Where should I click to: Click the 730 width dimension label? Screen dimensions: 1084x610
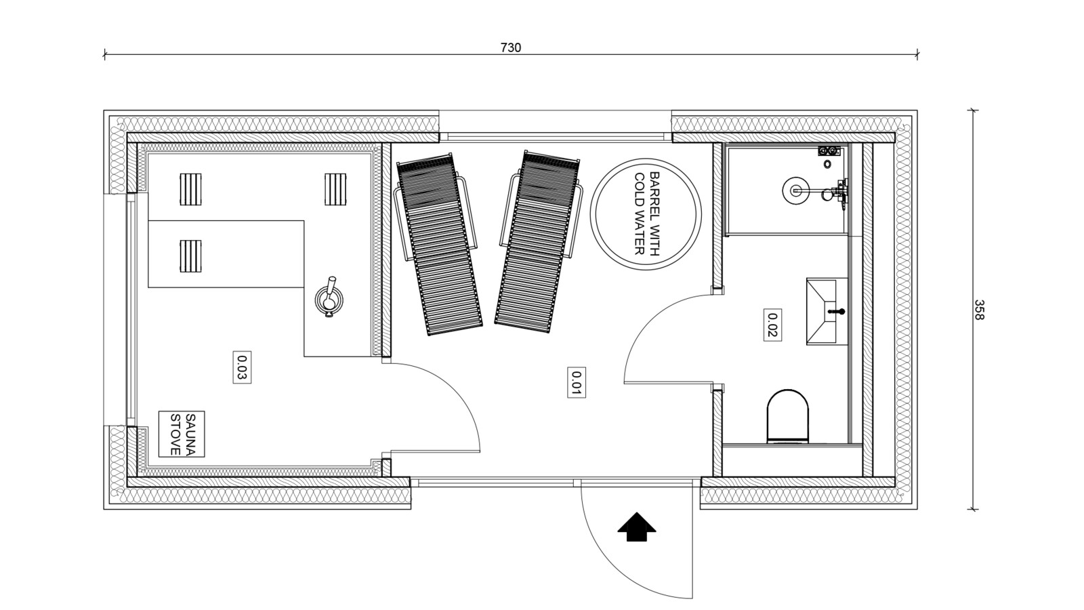coord(511,47)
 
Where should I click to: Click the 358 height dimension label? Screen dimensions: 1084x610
coord(979,310)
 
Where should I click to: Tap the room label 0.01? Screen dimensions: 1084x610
coord(577,382)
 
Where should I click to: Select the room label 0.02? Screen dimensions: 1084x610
coord(772,325)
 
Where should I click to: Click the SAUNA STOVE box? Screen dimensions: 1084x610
coord(182,434)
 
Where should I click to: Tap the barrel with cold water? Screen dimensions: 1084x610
coord(646,213)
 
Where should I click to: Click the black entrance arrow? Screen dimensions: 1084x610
coord(636,527)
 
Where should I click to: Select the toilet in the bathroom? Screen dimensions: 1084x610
coord(788,416)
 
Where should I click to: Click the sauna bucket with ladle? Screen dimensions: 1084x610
coord(329,298)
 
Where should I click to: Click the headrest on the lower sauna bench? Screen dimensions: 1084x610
coord(190,256)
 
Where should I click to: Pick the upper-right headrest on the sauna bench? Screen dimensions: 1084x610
coord(335,189)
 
